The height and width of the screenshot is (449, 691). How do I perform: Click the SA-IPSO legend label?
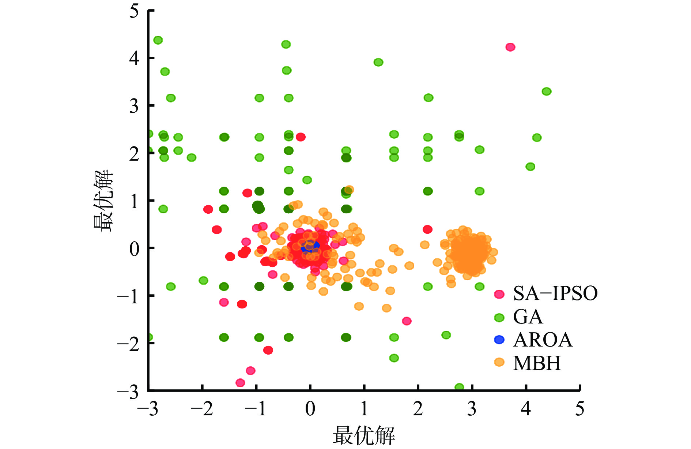click(x=555, y=293)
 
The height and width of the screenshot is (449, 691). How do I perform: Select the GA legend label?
click(x=528, y=317)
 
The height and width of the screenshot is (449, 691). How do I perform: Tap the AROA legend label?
click(x=543, y=340)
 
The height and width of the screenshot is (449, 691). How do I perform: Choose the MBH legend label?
click(x=537, y=363)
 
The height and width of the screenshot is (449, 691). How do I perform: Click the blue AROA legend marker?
click(x=499, y=340)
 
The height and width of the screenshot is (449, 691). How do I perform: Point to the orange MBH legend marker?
click(x=499, y=362)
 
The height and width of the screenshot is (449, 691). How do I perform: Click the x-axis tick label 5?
click(x=579, y=409)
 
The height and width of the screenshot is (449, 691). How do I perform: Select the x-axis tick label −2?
click(x=202, y=409)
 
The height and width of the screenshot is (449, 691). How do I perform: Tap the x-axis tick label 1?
click(x=364, y=409)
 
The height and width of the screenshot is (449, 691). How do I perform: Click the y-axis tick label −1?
click(x=128, y=296)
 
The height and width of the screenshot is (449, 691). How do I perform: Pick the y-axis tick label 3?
click(x=134, y=106)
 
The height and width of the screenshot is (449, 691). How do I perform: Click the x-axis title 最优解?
click(x=364, y=435)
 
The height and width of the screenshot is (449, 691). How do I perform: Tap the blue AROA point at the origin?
click(x=310, y=246)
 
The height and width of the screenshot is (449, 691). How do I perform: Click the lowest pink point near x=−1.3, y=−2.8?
click(x=240, y=383)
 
